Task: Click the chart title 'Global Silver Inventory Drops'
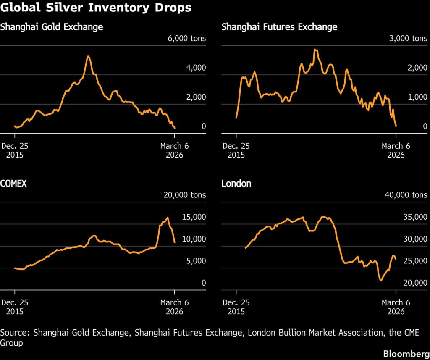(96, 8)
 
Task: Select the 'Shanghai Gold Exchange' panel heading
(52, 27)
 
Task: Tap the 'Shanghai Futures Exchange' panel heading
(279, 27)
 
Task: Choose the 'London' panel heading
(236, 184)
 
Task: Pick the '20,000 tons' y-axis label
(183, 195)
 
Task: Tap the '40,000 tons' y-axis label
(404, 195)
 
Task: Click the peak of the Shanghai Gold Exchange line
(88, 56)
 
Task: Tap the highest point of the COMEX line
(168, 217)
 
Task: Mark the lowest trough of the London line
(381, 280)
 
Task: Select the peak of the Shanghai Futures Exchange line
(315, 50)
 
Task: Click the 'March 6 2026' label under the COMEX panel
(175, 307)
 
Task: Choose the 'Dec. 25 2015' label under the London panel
(236, 307)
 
